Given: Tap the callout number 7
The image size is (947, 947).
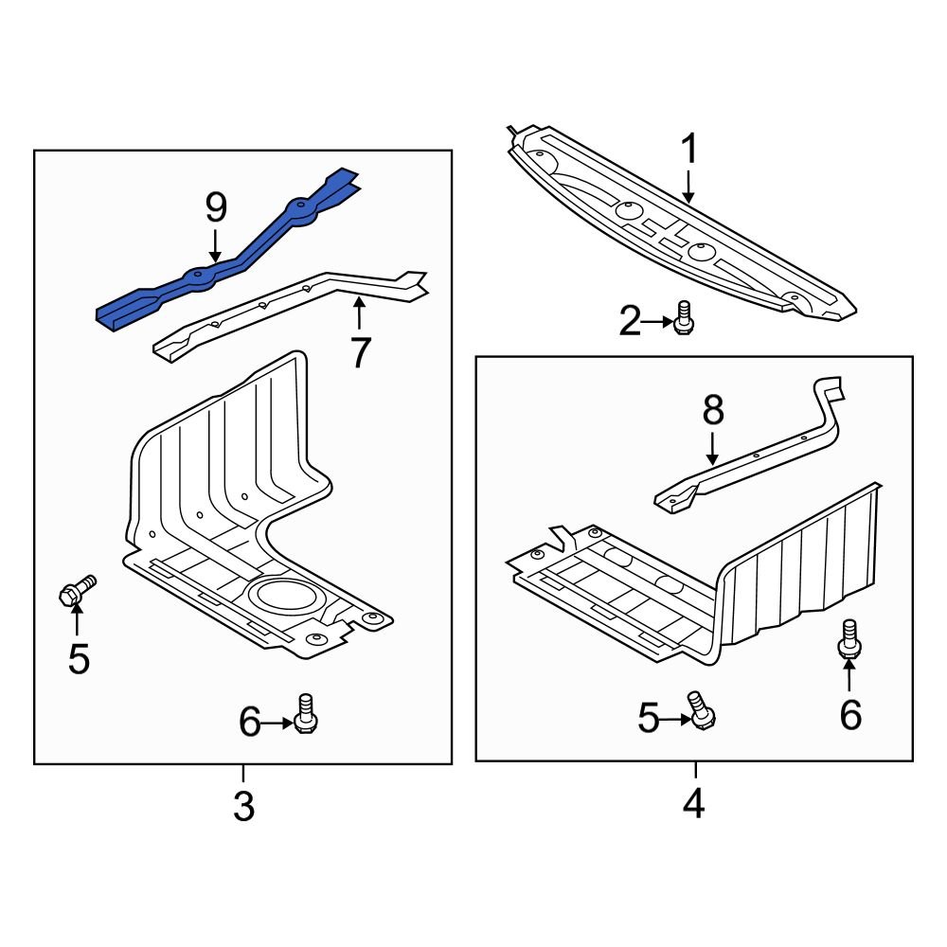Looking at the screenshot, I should [360, 352].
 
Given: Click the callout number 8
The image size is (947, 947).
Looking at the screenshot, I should [713, 410].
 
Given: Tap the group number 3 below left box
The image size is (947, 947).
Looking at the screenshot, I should [243, 808].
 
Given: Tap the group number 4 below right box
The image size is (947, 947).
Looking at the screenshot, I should [694, 804].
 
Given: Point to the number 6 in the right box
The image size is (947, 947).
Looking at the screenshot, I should [850, 714].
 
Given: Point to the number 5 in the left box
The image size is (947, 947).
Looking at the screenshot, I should [79, 657].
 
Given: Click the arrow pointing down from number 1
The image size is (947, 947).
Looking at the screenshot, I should [689, 185].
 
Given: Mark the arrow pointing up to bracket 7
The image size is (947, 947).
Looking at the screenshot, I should [359, 313].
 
